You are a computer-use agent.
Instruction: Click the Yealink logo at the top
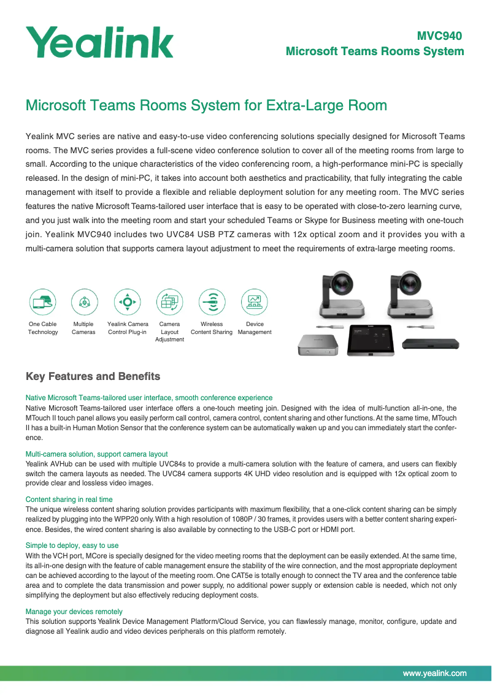[x=99, y=42]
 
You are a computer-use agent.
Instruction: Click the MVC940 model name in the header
[x=439, y=36]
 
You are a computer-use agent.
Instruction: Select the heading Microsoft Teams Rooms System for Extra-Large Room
[x=206, y=105]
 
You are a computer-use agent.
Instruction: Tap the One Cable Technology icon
[x=43, y=302]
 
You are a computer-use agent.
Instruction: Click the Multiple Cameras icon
[x=84, y=302]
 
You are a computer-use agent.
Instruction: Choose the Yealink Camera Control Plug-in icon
[x=128, y=302]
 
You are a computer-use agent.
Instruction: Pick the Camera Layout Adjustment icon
[x=169, y=302]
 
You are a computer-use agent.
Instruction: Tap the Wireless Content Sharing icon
[x=212, y=302]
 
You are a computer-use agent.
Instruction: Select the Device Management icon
[x=254, y=302]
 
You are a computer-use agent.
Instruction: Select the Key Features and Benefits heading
[x=93, y=376]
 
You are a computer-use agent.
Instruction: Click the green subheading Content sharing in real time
[x=69, y=499]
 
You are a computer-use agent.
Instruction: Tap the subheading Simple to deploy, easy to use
[x=72, y=545]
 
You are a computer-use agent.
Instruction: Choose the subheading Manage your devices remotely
[x=74, y=612]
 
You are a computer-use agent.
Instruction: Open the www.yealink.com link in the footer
[x=434, y=673]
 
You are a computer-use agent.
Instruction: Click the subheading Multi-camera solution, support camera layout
[x=96, y=454]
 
